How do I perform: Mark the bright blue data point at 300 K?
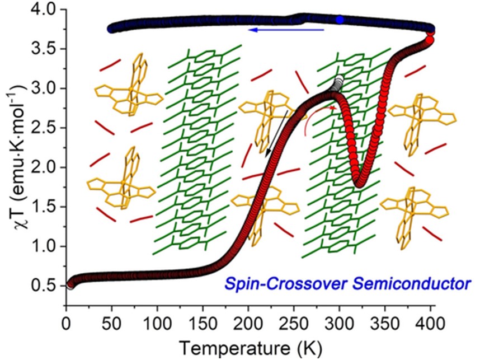tap(340, 20)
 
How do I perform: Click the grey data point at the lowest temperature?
tap(70, 285)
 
